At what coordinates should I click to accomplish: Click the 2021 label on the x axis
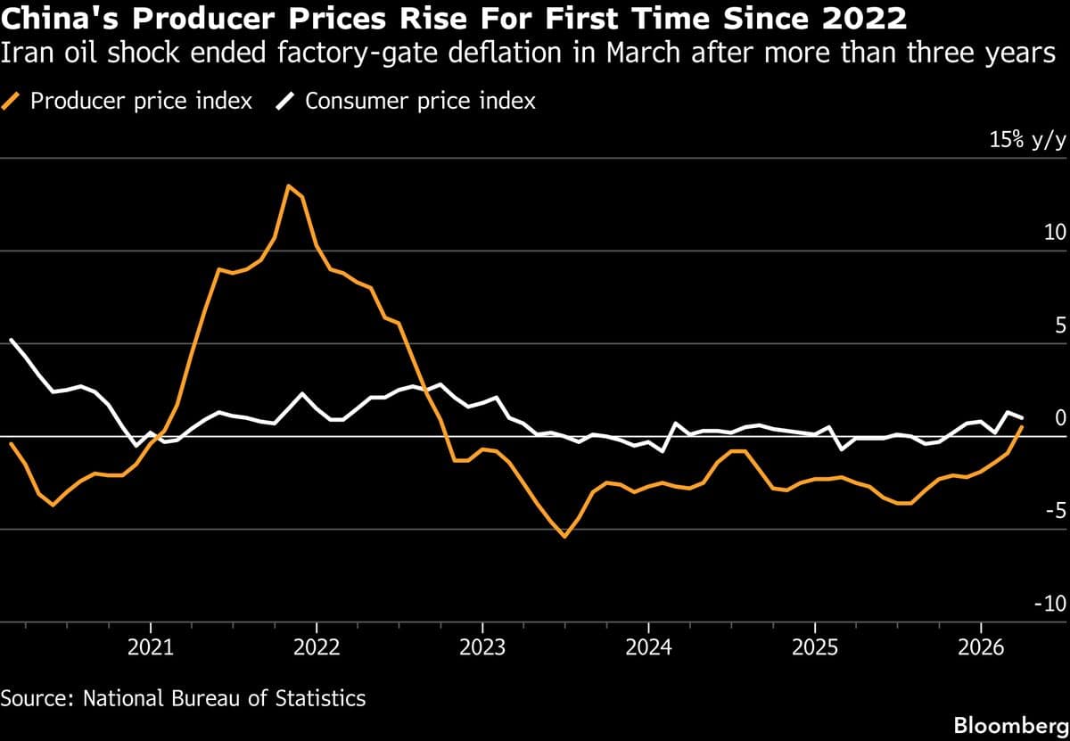(151, 646)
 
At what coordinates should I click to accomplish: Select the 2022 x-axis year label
(317, 646)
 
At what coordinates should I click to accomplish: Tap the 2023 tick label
(482, 646)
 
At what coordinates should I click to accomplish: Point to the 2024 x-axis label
(648, 646)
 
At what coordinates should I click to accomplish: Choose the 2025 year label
(814, 646)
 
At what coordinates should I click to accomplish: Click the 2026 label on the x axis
(980, 646)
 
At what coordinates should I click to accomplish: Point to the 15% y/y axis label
(1027, 140)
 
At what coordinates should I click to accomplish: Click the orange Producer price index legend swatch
(13, 101)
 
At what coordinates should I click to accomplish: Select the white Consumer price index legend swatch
(287, 101)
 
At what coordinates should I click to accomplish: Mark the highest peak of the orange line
(288, 185)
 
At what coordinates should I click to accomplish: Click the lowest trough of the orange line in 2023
(564, 537)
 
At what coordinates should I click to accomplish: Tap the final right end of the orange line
(1022, 427)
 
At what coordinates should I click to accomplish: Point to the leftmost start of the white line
(11, 339)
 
